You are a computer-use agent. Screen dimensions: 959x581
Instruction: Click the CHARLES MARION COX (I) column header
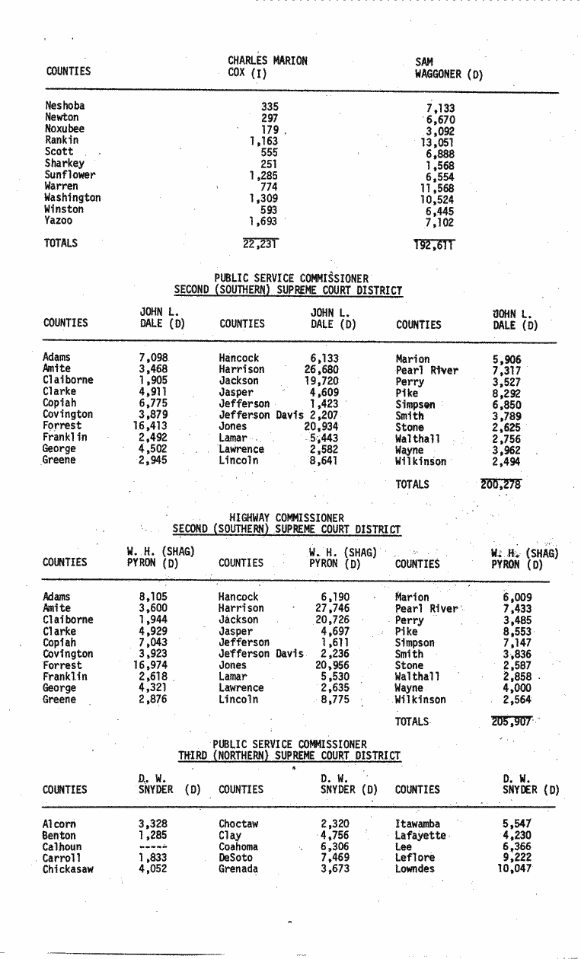(267, 67)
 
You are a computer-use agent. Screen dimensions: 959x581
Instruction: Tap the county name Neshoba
(65, 107)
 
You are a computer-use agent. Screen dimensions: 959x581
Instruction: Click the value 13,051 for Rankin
(438, 142)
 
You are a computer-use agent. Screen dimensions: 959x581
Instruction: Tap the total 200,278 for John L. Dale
(501, 484)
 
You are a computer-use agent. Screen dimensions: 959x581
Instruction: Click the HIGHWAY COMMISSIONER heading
(286, 518)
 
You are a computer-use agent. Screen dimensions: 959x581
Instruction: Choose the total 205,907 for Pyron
(511, 722)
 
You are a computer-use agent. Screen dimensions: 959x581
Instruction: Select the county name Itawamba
(417, 824)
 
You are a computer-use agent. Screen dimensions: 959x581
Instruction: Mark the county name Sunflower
(70, 175)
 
